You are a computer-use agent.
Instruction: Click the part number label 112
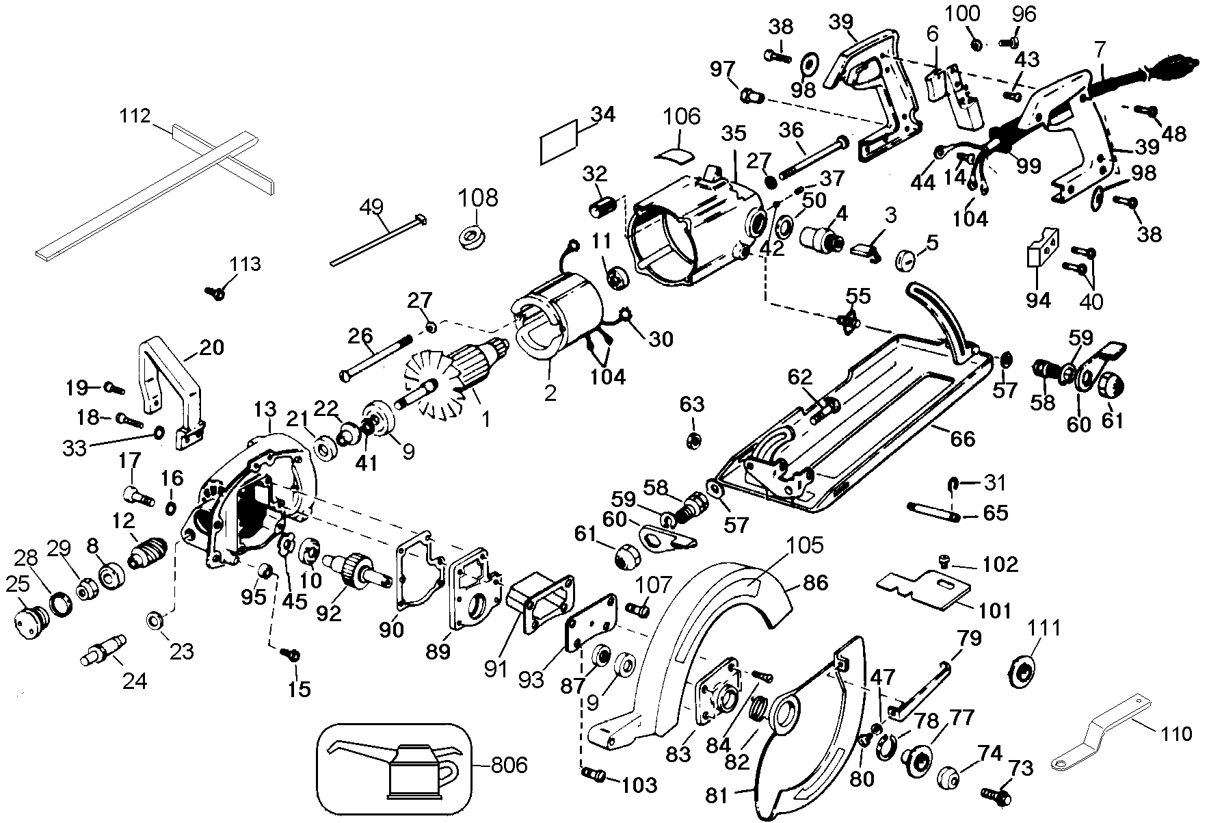135,116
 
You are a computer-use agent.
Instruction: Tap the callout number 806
509,764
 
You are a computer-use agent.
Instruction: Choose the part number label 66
962,439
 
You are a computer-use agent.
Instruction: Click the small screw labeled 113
216,292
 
